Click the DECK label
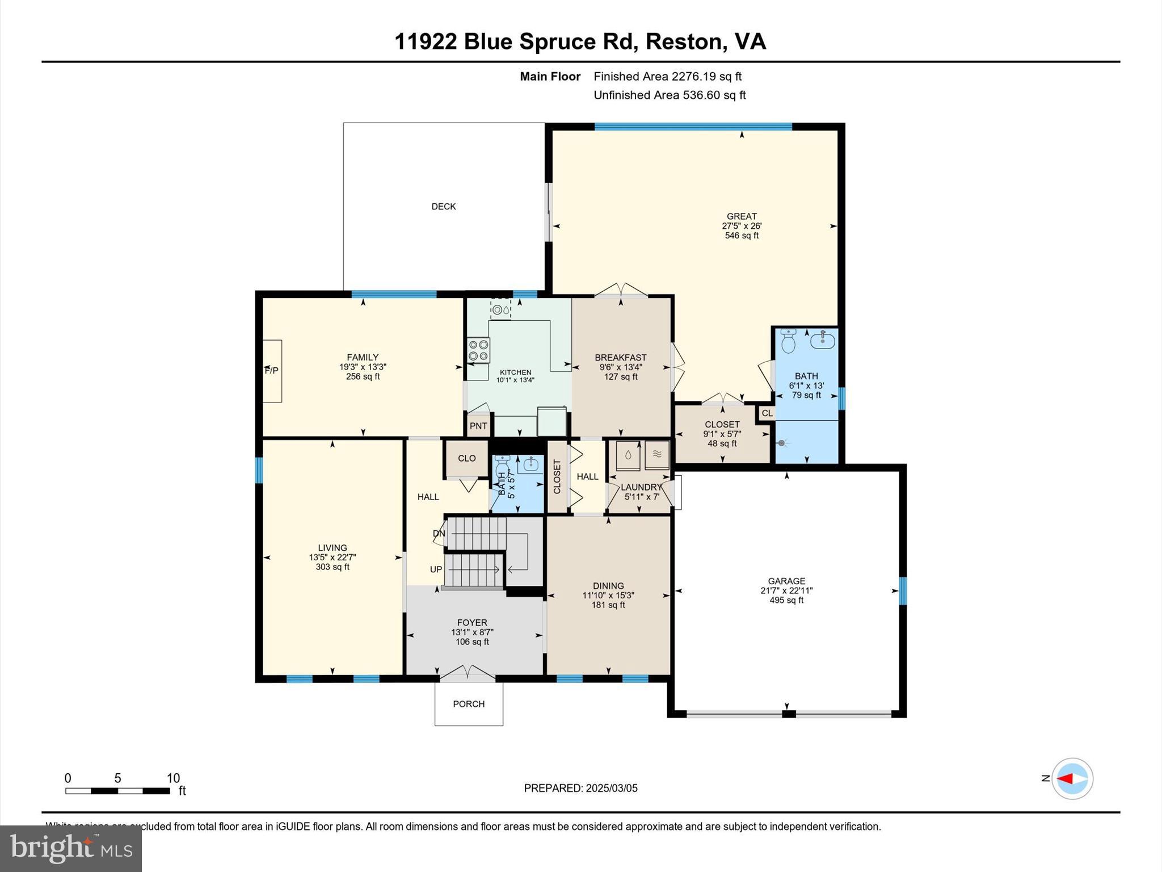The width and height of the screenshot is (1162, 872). [x=443, y=207]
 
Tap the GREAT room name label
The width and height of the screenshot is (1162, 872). [x=742, y=216]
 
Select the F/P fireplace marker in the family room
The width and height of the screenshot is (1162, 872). [x=272, y=371]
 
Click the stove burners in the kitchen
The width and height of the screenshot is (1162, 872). [x=478, y=350]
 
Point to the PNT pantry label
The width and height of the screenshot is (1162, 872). [x=478, y=426]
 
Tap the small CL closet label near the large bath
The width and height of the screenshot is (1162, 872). [x=767, y=413]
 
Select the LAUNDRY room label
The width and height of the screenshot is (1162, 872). [x=641, y=487]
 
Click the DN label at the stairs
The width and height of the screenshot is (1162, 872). [x=439, y=534]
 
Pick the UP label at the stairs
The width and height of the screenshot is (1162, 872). [x=436, y=569]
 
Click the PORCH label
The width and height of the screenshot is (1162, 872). [x=469, y=704]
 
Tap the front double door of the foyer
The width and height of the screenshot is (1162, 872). [x=468, y=673]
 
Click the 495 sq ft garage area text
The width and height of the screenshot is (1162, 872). [x=786, y=600]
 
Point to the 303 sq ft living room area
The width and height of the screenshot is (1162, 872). [x=332, y=567]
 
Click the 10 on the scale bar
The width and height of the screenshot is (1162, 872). [x=173, y=778]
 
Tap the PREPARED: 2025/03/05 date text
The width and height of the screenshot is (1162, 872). [x=580, y=788]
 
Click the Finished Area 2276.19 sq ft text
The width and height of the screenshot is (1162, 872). [x=667, y=76]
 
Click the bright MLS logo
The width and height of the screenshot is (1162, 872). [x=71, y=848]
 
